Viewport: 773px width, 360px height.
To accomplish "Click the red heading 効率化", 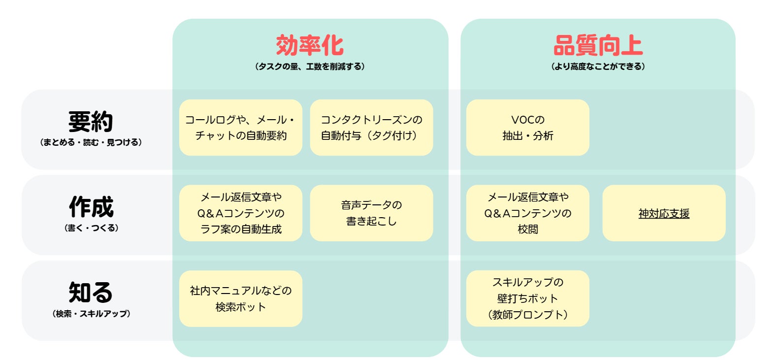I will [310, 45].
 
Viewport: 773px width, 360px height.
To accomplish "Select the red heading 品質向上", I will [598, 45].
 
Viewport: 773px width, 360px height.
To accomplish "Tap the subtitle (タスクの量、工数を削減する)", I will [310, 66].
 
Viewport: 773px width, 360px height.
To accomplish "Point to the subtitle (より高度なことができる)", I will [598, 66].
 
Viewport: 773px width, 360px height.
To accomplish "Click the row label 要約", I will [91, 121].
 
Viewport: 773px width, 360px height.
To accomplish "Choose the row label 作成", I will [91, 207].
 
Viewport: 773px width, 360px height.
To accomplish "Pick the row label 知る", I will [91, 293].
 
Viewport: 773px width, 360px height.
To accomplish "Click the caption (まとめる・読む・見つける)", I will [91, 142].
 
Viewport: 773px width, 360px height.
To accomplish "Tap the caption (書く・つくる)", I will [91, 228].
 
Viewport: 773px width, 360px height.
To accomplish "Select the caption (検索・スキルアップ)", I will [91, 314].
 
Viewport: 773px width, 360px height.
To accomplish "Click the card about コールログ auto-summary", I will [241, 128].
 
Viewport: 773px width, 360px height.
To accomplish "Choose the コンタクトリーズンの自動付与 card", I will [371, 128].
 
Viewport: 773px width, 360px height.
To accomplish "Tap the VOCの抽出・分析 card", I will [527, 128].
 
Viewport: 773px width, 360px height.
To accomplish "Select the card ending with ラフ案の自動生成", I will [241, 213].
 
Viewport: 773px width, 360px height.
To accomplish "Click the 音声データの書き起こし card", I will [371, 213].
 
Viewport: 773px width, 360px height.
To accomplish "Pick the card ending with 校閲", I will [527, 213].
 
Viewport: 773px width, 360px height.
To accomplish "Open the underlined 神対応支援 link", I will [664, 214].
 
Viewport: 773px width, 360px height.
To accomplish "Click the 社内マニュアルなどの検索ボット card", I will [241, 298].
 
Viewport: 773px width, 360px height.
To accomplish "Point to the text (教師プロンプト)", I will [527, 315].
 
